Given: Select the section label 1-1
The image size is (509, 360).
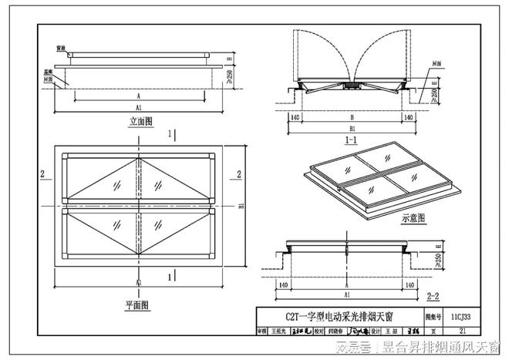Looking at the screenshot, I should coord(350,141).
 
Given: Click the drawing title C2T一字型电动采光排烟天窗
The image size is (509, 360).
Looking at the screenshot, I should coord(338,316).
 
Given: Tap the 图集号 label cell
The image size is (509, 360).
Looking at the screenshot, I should coord(433,316).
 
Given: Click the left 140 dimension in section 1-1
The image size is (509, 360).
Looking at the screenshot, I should coord(294,117).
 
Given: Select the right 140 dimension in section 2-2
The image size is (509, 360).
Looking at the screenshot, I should coord(408,284).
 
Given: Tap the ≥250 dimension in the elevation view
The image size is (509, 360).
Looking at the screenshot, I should coord(230,75).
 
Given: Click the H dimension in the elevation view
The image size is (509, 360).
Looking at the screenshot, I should coord(230,57).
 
